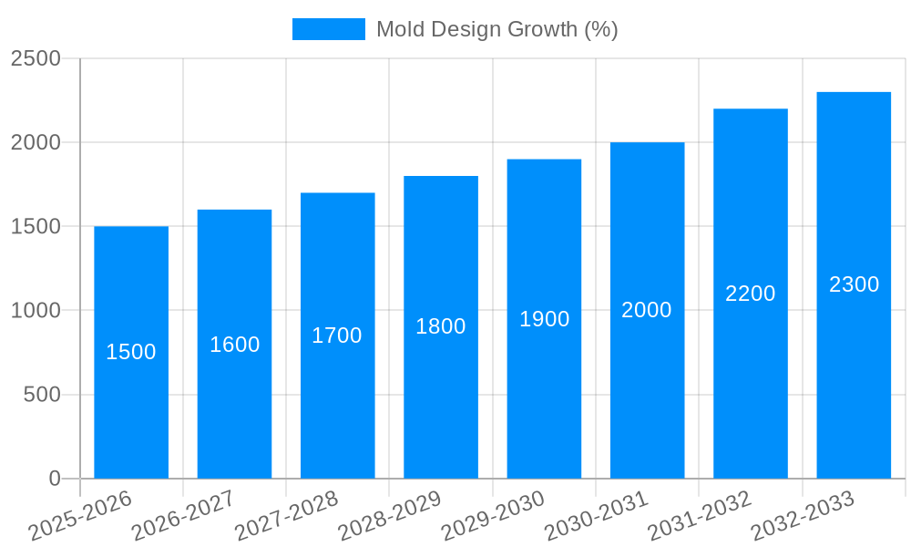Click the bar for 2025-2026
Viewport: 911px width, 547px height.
pos(131,410)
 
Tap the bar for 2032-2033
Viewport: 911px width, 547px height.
pos(854,383)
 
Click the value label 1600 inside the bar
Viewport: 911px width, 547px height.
pos(234,345)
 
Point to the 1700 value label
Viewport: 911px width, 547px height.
pos(337,335)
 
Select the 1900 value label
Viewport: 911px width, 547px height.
pos(544,319)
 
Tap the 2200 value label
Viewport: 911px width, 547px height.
pos(750,294)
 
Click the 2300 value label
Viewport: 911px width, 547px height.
pos(854,284)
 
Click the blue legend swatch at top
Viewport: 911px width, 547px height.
pos(328,29)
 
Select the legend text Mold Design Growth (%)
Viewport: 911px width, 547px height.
pos(496,29)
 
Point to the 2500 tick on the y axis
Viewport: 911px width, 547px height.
pos(36,58)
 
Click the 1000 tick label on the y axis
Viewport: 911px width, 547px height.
pos(36,311)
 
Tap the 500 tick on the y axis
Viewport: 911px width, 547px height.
pos(42,395)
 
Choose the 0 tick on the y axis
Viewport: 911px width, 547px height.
pos(54,479)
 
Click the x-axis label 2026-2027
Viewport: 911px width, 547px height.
pos(183,516)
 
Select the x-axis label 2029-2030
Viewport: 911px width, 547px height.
pos(493,516)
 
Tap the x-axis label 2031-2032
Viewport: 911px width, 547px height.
pos(699,516)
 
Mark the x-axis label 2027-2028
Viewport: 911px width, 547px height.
pos(286,516)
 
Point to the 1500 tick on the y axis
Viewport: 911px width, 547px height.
pos(36,226)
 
